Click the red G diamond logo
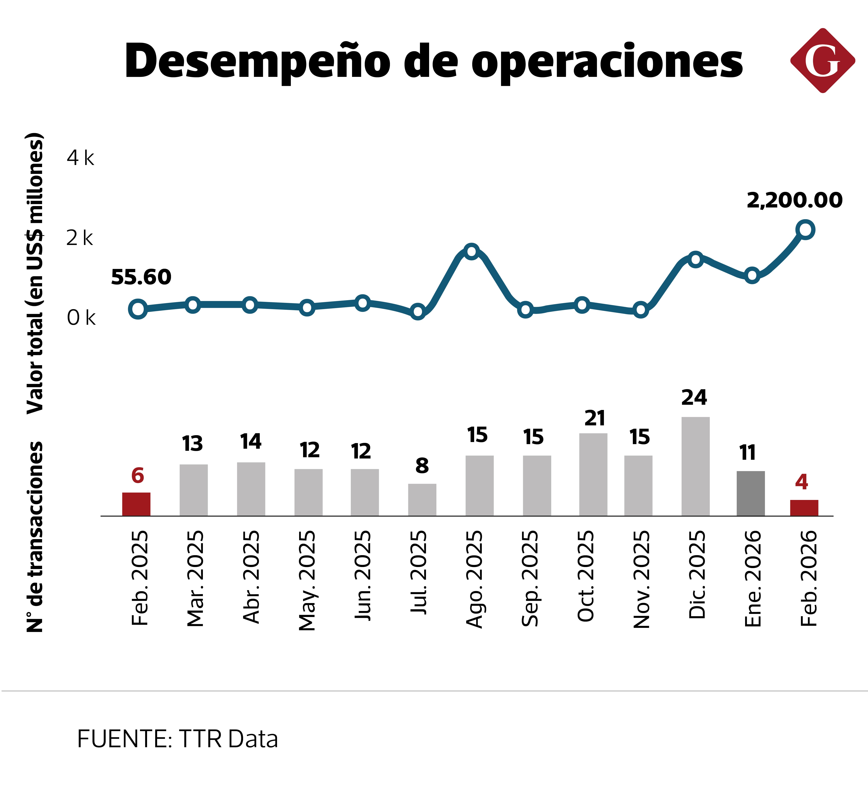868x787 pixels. tap(822, 61)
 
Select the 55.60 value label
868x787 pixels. tap(141, 277)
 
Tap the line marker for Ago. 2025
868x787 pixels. tap(472, 251)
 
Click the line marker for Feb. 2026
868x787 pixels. tap(805, 230)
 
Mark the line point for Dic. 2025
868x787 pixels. tap(695, 259)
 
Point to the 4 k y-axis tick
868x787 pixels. tap(80, 158)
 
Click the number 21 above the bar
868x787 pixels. tap(594, 418)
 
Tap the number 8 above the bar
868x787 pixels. tap(422, 466)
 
